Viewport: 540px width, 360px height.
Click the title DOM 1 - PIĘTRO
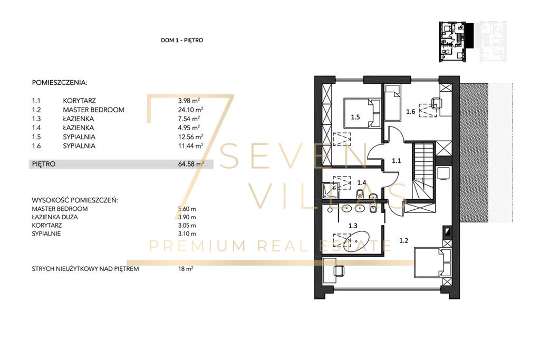tap(182, 40)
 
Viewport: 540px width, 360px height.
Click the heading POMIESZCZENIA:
tap(60, 83)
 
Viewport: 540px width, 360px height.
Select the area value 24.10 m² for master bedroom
tap(190, 110)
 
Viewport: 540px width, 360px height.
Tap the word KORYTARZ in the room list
tap(79, 101)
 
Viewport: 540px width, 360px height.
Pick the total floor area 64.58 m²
tap(191, 164)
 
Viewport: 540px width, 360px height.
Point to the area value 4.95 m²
tap(189, 128)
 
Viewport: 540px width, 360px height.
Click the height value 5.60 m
tap(187, 209)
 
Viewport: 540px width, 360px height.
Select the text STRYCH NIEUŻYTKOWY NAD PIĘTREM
tap(85, 269)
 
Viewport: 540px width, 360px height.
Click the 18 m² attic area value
tap(186, 269)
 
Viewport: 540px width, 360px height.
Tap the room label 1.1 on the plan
tap(397, 161)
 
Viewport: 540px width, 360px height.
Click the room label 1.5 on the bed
tap(355, 117)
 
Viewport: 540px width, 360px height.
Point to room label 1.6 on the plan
tap(410, 112)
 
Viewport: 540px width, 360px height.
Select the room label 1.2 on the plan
tap(403, 240)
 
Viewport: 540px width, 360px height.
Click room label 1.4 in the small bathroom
tap(362, 183)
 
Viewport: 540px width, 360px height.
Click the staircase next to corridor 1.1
tap(423, 171)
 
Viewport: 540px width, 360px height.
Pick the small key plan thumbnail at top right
tap(473, 42)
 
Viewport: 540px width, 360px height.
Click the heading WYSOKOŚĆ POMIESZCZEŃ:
tap(75, 200)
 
